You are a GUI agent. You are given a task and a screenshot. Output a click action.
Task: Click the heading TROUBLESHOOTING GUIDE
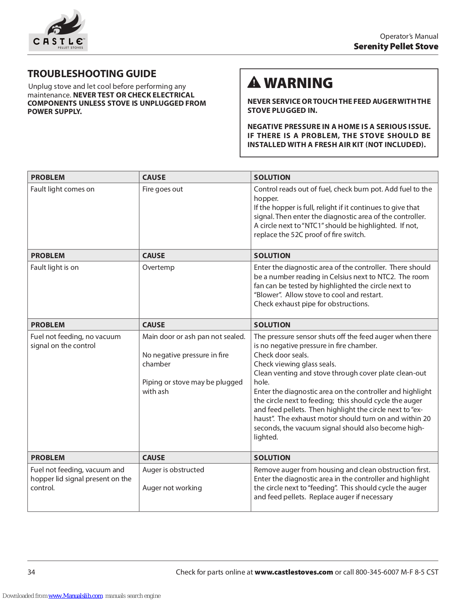click(92, 74)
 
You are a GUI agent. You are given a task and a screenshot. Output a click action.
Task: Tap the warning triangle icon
click(254, 82)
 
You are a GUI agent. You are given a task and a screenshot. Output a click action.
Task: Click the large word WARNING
click(298, 83)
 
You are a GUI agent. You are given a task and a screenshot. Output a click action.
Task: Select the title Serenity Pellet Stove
click(396, 47)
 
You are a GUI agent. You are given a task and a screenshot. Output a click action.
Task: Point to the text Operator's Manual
click(409, 36)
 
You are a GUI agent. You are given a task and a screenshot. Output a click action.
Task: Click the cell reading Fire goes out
click(162, 189)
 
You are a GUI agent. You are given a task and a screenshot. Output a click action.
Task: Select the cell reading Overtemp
click(158, 268)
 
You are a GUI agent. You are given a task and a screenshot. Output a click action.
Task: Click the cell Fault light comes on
click(63, 189)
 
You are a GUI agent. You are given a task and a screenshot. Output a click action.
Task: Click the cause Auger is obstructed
click(173, 470)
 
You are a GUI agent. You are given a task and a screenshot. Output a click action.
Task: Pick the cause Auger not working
click(172, 488)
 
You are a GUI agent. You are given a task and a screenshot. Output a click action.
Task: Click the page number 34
click(31, 572)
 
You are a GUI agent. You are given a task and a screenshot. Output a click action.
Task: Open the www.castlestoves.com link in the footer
click(293, 572)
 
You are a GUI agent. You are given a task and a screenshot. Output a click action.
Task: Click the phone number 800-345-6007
click(377, 572)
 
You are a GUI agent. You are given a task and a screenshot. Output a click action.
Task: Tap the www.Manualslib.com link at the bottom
click(75, 596)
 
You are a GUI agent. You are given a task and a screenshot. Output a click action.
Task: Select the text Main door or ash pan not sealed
click(194, 337)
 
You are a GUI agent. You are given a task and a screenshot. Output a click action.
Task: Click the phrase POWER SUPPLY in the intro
click(54, 112)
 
